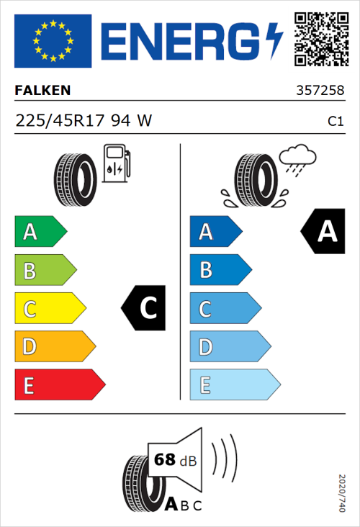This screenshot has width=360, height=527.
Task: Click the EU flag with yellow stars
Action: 53,40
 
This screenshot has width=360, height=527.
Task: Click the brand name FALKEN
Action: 43,90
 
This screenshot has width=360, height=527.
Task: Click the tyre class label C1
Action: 335,122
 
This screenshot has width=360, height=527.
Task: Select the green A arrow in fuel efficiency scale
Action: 40,232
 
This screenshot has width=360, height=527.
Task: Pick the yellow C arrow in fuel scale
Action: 50,309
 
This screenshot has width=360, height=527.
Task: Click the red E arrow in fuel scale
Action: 59,385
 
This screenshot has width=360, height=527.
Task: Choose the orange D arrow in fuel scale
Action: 55,347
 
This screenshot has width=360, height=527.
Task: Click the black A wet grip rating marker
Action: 325,232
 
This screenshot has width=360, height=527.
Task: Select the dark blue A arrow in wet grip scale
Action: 215,232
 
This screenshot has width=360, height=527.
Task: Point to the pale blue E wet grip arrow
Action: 234,385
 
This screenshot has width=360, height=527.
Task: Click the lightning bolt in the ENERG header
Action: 274,40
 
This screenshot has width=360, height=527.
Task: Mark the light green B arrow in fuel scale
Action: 45,271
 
